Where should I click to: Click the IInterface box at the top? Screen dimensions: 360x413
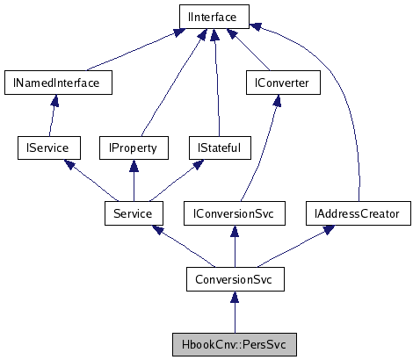coord(214,16)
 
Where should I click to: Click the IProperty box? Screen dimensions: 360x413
coord(133,148)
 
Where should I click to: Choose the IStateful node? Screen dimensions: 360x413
coord(214,148)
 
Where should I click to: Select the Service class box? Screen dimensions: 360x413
coord(133,213)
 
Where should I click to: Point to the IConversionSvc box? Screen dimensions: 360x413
coord(234,213)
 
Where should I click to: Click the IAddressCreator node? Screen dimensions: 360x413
coord(358,213)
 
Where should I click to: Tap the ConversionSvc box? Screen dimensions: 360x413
coord(234,279)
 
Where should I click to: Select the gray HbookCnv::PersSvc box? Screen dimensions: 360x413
coord(234,344)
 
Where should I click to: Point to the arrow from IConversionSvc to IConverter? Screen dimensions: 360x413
coord(264,149)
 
